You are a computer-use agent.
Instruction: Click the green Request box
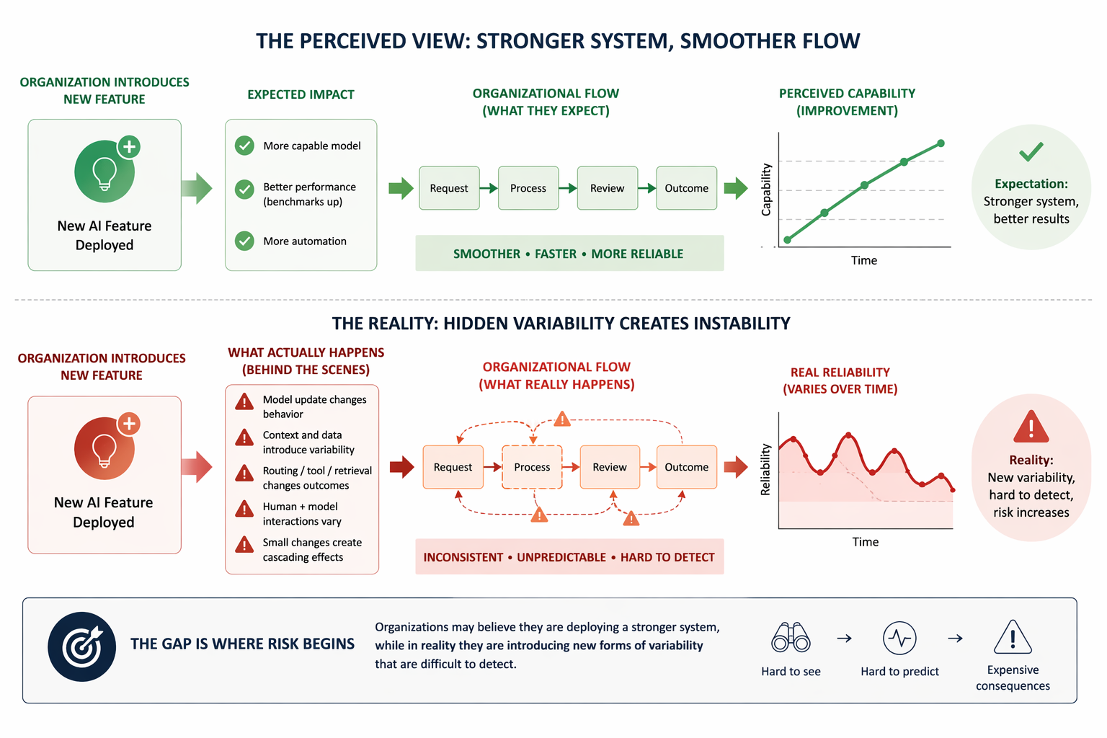point(449,188)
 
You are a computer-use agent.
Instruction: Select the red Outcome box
point(686,467)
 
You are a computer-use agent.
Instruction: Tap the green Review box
point(607,188)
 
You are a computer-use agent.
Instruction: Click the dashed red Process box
point(532,467)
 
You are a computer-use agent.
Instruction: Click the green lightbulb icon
point(105,172)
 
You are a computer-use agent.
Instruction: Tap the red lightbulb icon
point(105,448)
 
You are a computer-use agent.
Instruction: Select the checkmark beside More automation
point(244,241)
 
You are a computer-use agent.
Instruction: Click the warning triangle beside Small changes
point(244,545)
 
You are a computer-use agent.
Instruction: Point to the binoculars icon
point(791,638)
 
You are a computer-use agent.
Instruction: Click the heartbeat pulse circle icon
point(899,638)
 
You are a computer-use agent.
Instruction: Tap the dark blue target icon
point(82,646)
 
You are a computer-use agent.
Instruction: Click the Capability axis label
point(766,190)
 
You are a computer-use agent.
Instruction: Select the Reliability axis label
point(765,469)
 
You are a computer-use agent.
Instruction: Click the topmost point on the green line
point(941,143)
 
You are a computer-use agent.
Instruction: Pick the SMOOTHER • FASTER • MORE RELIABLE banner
point(569,254)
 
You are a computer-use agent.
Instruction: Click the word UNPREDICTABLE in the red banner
point(561,557)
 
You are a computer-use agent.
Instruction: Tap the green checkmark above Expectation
point(1031,151)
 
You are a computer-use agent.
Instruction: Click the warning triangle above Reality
point(1031,427)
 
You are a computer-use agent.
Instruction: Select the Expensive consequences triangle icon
point(1013,637)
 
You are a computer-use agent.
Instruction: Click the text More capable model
point(312,146)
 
